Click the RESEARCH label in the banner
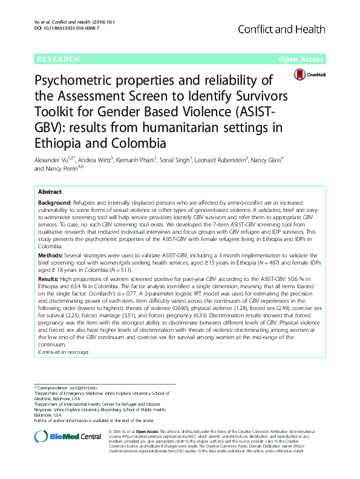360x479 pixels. [59, 59]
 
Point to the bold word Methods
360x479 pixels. [50, 256]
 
